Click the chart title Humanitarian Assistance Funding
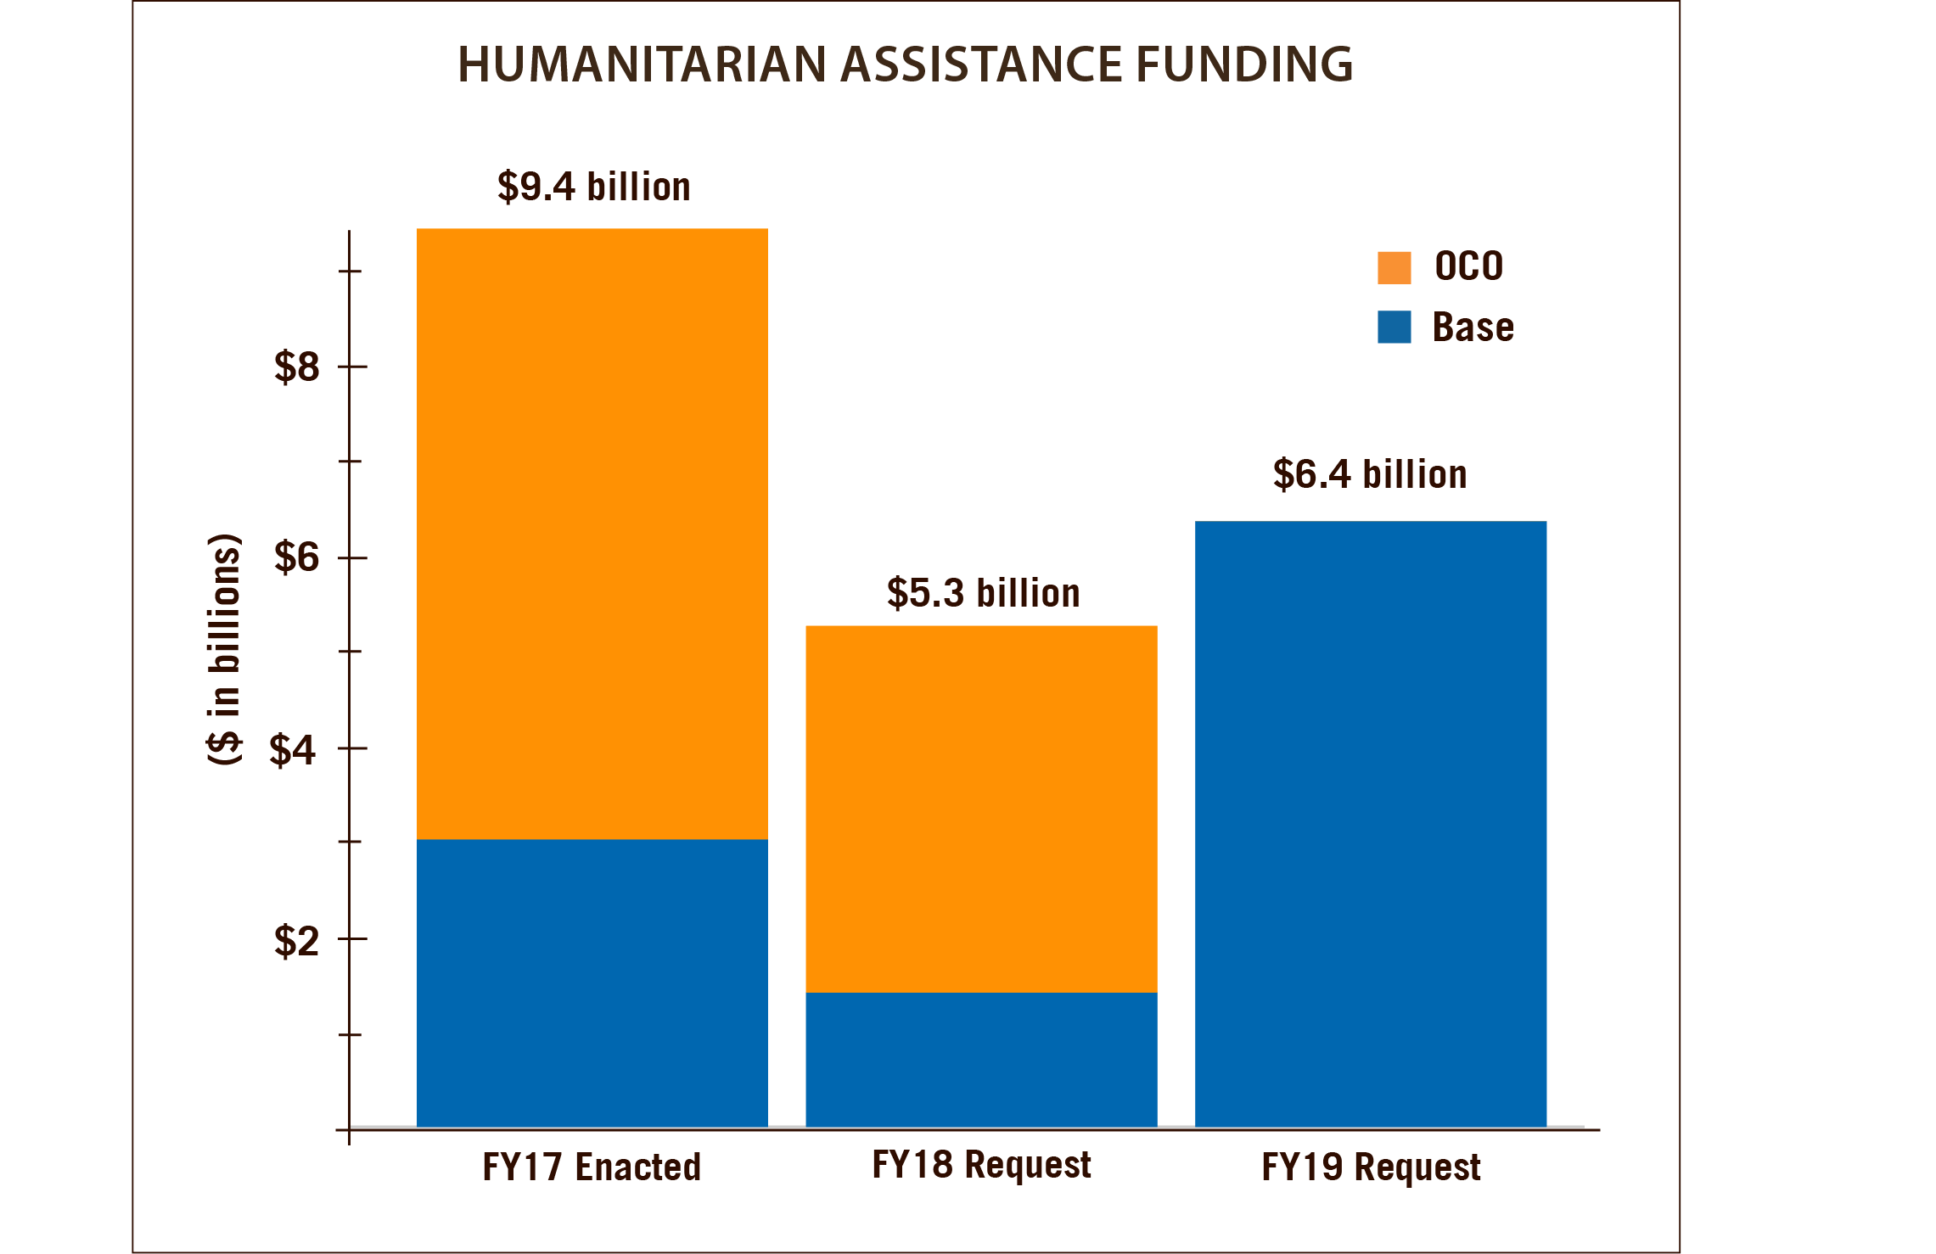905,64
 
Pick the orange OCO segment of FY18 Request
980,808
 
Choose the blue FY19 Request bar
1370,823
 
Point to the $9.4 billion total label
593,187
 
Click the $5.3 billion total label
983,593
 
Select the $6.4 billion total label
1369,474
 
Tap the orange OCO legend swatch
1394,267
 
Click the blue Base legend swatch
1394,327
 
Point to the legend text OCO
1468,266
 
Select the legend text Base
1473,327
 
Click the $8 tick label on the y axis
296,367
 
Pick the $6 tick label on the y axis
296,557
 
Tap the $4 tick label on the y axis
294,750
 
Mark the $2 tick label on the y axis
296,941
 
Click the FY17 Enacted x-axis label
592,1167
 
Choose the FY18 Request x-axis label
981,1165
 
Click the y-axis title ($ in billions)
225,649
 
